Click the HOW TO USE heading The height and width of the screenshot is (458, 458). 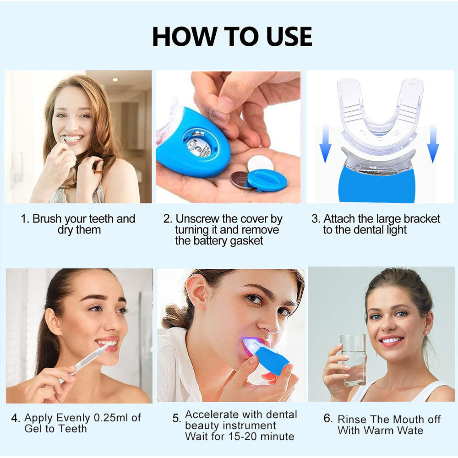[232, 37]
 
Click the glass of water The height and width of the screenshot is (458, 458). [353, 359]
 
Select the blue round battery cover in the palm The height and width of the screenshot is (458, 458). [267, 180]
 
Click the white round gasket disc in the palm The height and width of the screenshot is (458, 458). [261, 164]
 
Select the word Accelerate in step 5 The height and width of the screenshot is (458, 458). [213, 414]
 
